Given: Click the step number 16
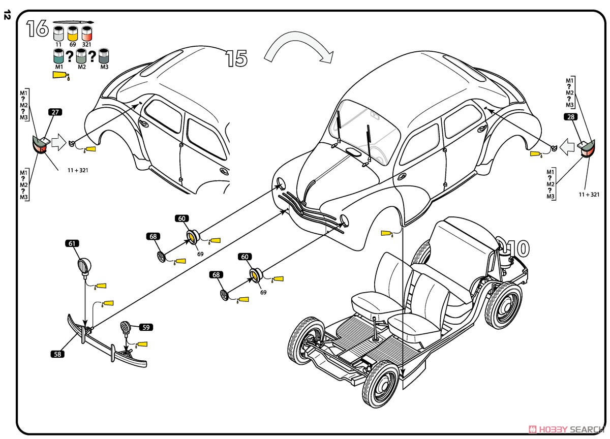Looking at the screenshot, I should [37, 28].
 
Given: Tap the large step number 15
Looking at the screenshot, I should [236, 59].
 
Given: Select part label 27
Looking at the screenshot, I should [55, 112].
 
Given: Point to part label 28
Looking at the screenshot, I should [570, 117].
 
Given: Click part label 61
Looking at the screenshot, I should [73, 243].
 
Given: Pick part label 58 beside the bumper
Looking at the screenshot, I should [57, 354].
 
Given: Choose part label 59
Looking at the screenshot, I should [146, 328].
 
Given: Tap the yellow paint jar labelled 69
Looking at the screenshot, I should [73, 35].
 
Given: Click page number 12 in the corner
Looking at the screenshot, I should [7, 16].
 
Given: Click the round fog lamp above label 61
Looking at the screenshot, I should [84, 265].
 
